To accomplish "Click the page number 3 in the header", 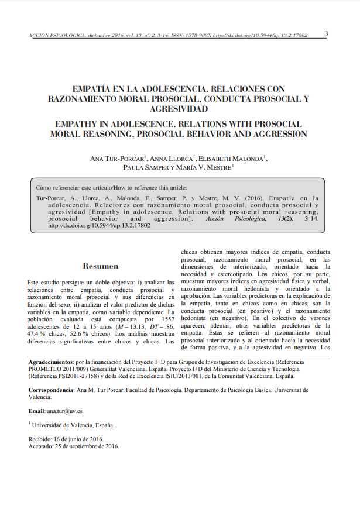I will point(326,33).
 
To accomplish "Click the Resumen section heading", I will point(101,266).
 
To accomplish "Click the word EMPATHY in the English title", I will point(78,124).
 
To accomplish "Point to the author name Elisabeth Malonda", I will point(232,158).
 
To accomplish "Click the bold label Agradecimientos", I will point(51,363).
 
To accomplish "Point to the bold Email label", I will point(36,411).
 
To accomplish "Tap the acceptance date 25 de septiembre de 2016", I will point(88,446).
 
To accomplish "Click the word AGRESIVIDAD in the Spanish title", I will point(180,109).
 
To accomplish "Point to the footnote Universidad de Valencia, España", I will point(73,425).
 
